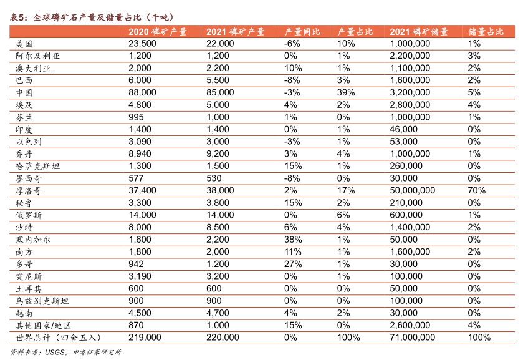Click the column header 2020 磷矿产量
click(x=157, y=32)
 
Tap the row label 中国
click(x=24, y=92)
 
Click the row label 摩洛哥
click(x=28, y=190)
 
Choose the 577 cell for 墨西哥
click(x=136, y=178)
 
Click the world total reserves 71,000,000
click(x=413, y=338)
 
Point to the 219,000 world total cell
click(x=145, y=338)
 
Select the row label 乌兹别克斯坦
click(x=41, y=301)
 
